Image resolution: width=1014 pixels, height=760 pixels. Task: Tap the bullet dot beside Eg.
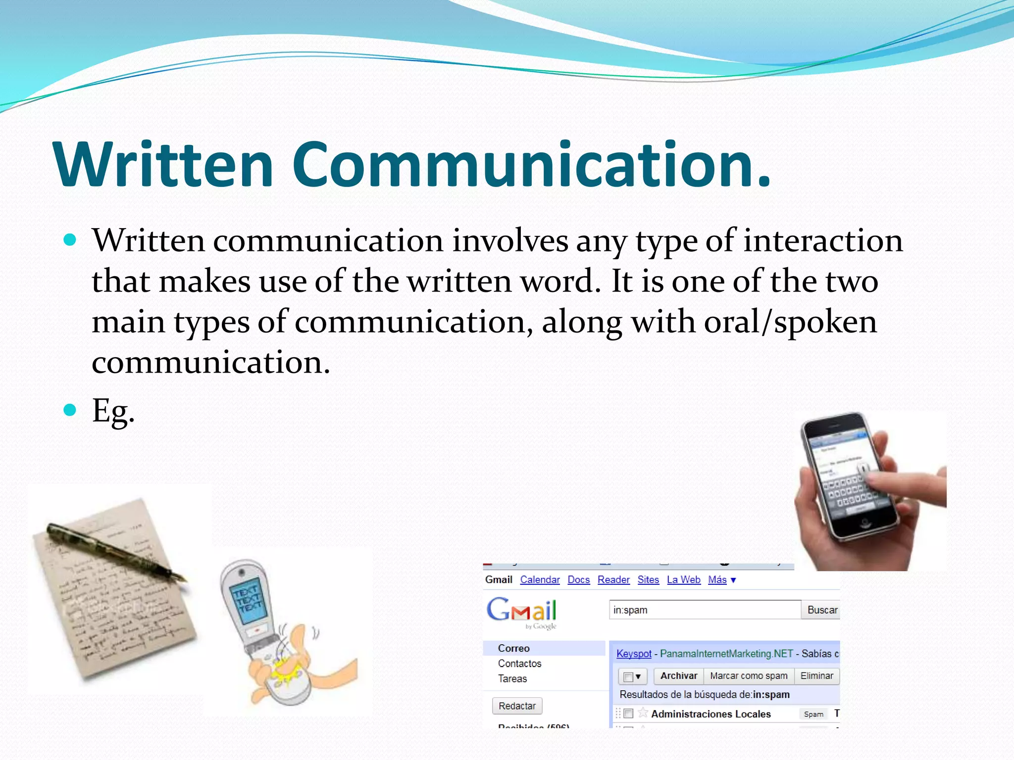coord(70,410)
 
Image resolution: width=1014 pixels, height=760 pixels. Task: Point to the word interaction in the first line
coord(823,241)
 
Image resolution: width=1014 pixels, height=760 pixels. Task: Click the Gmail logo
coord(521,611)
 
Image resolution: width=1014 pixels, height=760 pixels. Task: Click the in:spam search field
coord(704,610)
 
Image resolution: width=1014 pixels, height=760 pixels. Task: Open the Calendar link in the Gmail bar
coord(540,580)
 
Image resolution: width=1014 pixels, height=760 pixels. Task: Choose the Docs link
coord(578,580)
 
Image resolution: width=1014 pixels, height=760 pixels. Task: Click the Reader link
coord(613,580)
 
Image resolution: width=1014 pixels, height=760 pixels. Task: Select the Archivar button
coord(678,676)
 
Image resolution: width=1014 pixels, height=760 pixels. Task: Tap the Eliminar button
coord(816,676)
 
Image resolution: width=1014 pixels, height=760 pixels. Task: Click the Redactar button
coord(517,706)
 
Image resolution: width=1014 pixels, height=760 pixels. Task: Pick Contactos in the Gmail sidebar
coord(519,664)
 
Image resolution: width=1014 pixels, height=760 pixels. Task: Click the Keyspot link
coord(634,654)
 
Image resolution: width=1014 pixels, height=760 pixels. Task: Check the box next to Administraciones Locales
coord(628,713)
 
